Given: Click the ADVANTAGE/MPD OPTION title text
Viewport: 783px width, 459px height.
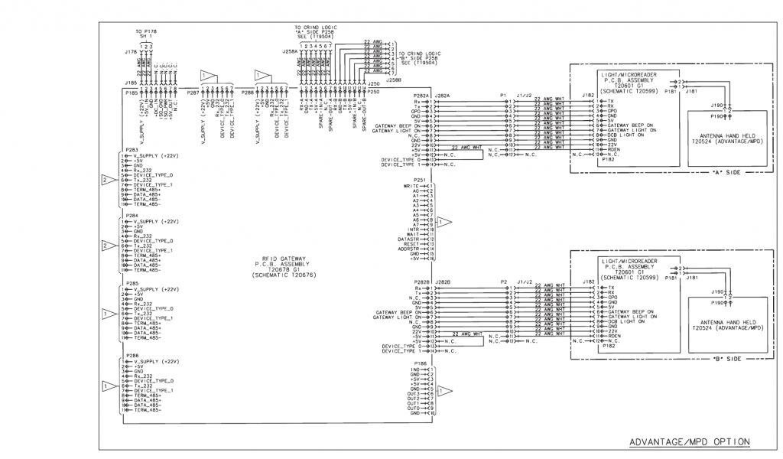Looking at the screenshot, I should [x=688, y=441].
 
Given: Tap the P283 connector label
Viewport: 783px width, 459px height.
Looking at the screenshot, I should [x=132, y=150].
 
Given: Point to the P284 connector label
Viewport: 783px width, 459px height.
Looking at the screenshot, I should [x=132, y=216].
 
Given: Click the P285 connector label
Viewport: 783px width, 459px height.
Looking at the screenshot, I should [x=132, y=283].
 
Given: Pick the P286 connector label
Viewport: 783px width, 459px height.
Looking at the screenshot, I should [x=132, y=356].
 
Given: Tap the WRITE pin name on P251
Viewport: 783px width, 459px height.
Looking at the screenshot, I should [x=411, y=186].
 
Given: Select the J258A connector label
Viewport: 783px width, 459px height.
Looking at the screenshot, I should [x=290, y=52].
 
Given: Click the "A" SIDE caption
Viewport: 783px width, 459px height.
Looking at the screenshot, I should [x=724, y=172].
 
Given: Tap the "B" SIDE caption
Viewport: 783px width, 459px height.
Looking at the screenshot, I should [x=724, y=358].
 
